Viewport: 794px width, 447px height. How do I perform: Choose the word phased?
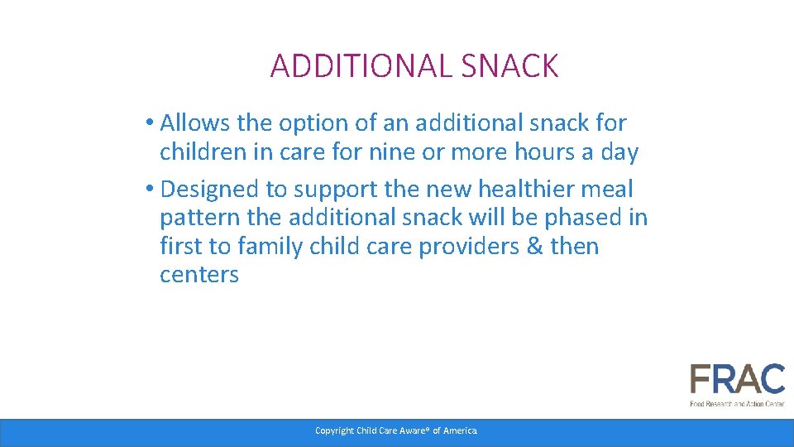pyautogui.click(x=582, y=218)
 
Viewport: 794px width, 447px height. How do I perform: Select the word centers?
pyautogui.click(x=199, y=276)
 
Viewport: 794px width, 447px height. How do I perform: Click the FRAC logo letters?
pyautogui.click(x=737, y=380)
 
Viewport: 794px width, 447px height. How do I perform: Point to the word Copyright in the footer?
pyautogui.click(x=334, y=430)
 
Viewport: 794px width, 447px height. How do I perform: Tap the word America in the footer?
pyautogui.click(x=460, y=430)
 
